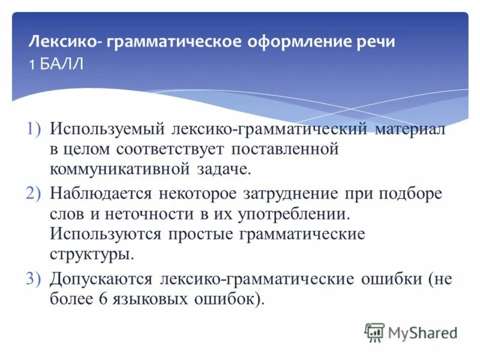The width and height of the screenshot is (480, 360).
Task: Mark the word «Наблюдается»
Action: [x=102, y=194]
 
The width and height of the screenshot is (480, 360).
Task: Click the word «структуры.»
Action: [x=92, y=253]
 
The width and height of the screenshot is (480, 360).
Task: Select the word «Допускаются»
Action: [x=101, y=279]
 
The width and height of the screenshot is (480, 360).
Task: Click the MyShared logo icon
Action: [x=374, y=332]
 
